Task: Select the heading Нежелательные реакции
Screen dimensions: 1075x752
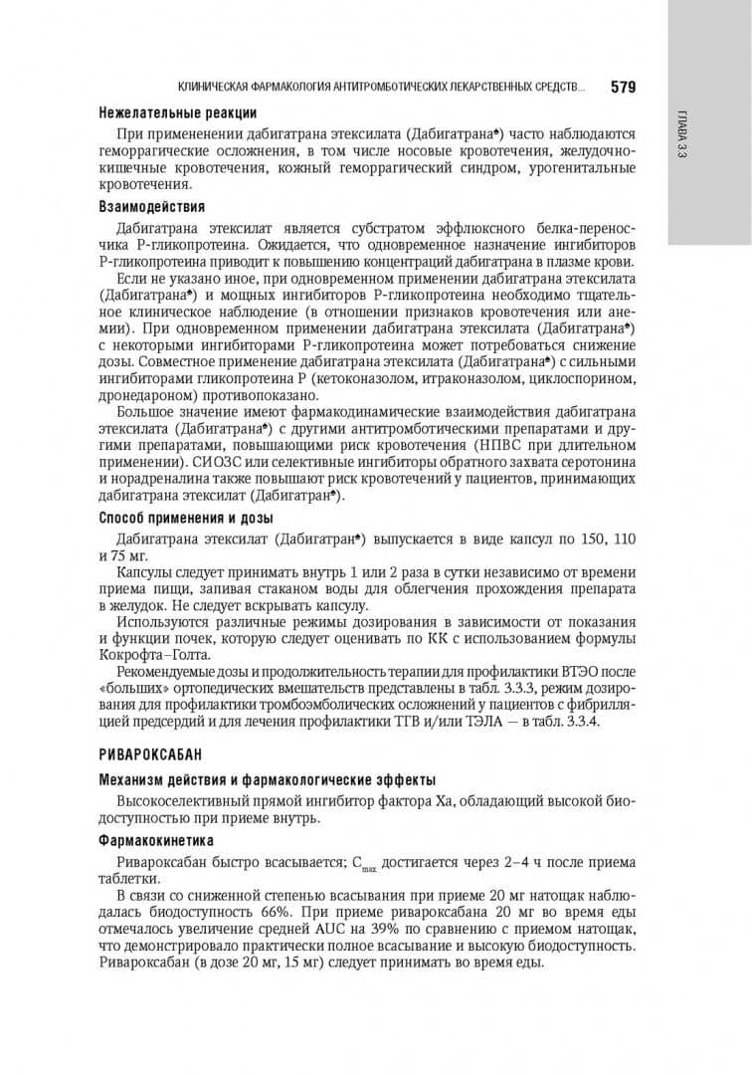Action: [x=178, y=112]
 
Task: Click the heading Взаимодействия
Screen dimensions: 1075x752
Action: [x=151, y=207]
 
